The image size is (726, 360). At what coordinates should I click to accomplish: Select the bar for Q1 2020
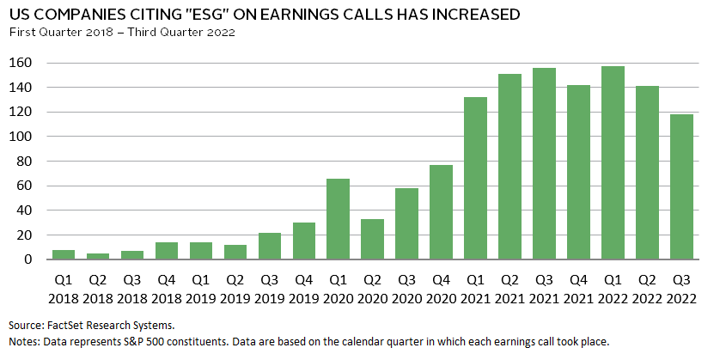coord(339,219)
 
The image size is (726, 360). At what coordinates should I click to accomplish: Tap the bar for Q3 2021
coord(544,163)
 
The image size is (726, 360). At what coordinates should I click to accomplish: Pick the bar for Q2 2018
coord(98,256)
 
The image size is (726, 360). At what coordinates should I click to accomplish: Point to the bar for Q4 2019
coord(304,241)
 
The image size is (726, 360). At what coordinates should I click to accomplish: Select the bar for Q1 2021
coord(475,179)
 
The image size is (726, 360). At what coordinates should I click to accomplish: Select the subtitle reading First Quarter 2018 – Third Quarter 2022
coord(121,33)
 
